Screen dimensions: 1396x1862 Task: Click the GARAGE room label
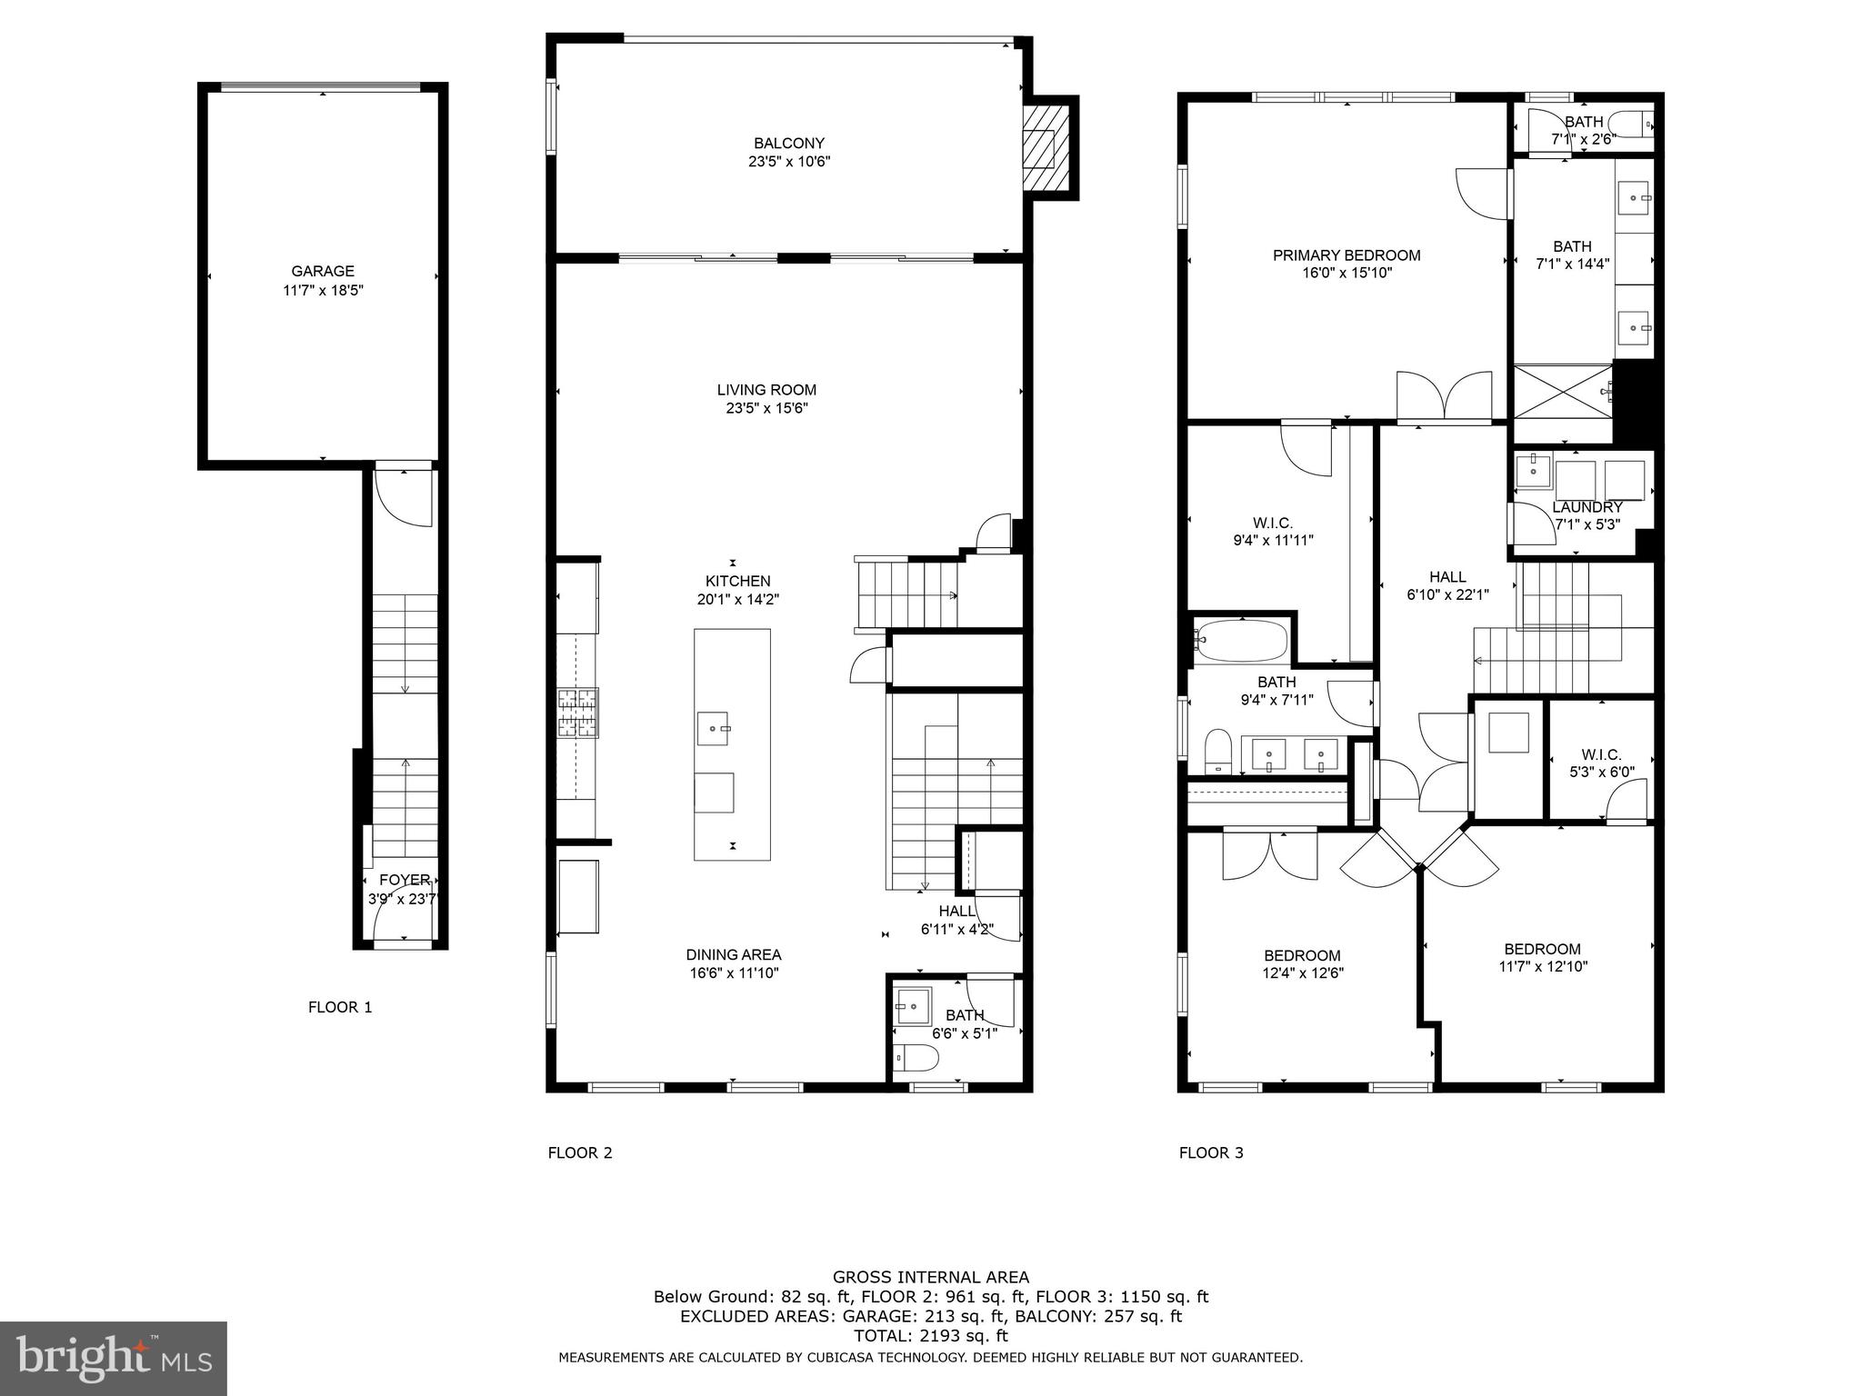[x=323, y=271]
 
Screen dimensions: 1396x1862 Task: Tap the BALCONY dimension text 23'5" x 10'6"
[x=788, y=162]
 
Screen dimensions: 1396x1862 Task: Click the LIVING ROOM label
[x=766, y=390]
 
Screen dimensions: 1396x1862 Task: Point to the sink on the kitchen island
[x=714, y=729]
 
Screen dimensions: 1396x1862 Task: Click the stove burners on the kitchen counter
[x=578, y=713]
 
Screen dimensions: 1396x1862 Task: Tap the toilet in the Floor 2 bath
[x=916, y=1058]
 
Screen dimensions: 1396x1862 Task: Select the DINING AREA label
[x=734, y=954]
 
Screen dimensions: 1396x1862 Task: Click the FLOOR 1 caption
[x=340, y=1007]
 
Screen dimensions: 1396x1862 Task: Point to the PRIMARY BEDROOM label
[x=1346, y=255]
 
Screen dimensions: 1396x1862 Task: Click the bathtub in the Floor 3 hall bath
[x=1242, y=641]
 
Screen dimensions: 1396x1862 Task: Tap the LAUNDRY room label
[x=1587, y=507]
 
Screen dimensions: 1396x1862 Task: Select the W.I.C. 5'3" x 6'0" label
[x=1601, y=763]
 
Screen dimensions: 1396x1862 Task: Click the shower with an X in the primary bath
[x=1562, y=392]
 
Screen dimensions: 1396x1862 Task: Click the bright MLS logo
[x=114, y=1359]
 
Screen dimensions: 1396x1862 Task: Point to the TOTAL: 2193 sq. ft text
[x=930, y=1336]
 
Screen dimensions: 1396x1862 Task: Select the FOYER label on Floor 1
[x=405, y=880]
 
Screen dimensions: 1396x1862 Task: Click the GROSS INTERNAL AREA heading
[x=930, y=1277]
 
